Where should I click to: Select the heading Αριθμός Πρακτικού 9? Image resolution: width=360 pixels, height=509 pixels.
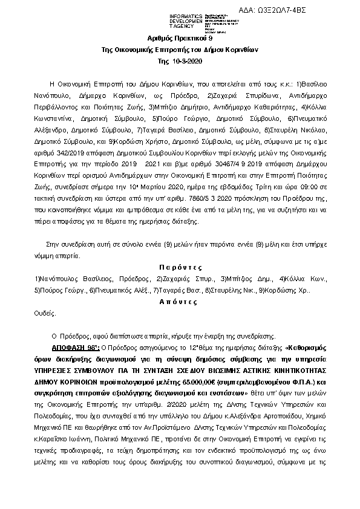click(180, 38)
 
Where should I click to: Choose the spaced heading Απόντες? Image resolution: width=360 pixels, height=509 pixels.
click(180, 300)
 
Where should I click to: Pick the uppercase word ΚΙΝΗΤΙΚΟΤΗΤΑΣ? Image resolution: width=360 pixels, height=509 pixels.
click(291, 371)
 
